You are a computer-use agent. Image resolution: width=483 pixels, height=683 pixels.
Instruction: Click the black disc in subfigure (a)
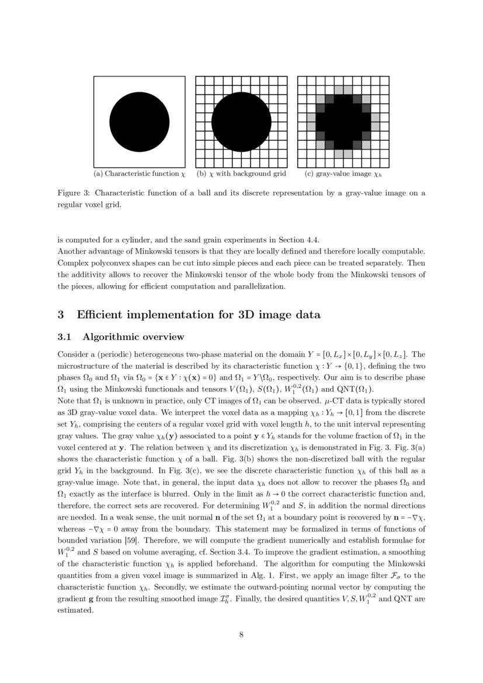click(138, 122)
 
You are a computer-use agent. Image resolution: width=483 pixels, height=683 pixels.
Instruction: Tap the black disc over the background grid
click(241, 122)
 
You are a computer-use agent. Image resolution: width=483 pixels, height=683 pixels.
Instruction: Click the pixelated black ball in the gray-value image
click(343, 122)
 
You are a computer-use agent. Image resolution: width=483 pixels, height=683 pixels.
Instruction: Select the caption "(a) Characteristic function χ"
click(139, 174)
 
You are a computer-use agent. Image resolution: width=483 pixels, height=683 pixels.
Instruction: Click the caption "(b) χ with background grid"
click(241, 174)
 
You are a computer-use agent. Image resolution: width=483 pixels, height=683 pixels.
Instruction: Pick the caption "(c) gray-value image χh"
click(343, 174)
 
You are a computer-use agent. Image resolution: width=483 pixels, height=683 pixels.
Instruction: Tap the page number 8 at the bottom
click(241, 636)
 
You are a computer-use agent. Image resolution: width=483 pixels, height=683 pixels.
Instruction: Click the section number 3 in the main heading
click(60, 315)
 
